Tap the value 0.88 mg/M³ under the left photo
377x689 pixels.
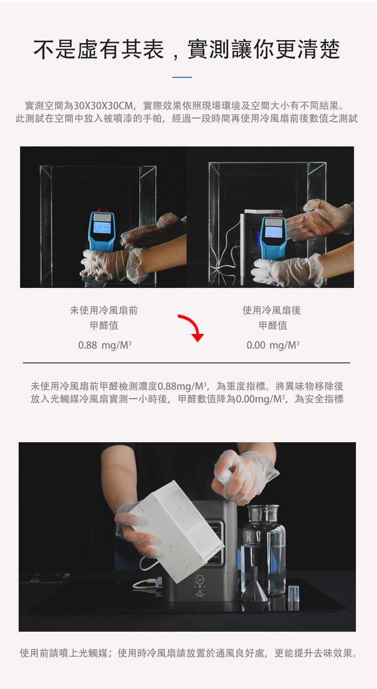[105, 345]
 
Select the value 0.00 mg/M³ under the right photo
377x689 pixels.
[273, 345]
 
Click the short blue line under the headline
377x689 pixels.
[182, 77]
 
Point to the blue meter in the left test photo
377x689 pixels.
[101, 231]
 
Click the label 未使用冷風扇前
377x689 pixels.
[104, 310]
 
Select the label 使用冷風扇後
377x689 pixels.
[272, 310]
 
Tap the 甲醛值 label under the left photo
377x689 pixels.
[104, 326]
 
